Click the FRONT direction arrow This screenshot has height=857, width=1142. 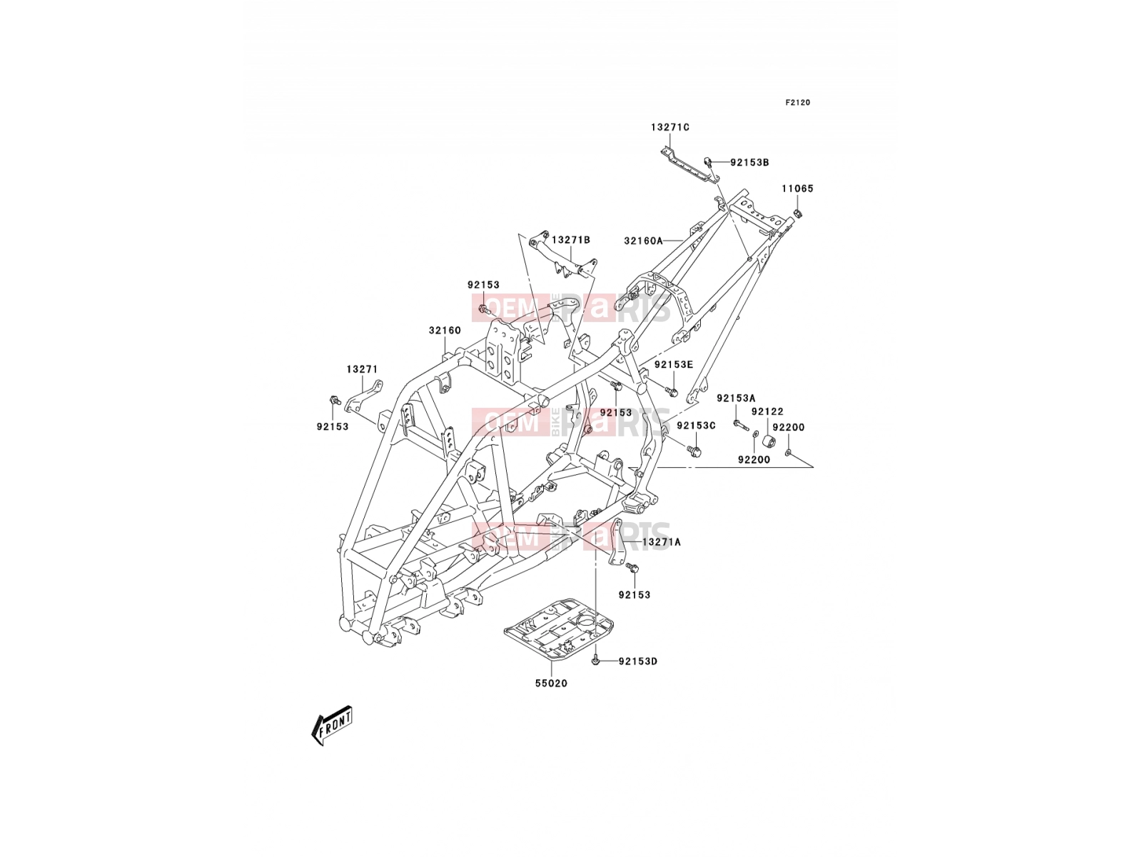click(x=331, y=725)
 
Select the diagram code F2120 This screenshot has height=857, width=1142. click(x=797, y=103)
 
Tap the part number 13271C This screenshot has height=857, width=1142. click(x=669, y=127)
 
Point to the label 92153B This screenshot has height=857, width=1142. click(x=749, y=162)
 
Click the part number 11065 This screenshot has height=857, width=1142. click(x=797, y=189)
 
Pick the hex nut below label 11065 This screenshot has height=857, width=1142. click(x=798, y=212)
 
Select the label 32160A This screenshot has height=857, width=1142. click(x=644, y=241)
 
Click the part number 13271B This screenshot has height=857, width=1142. click(x=571, y=240)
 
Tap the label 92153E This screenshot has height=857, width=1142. click(x=674, y=365)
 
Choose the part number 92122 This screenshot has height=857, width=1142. click(x=767, y=411)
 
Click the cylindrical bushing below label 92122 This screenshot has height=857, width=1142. click(x=769, y=441)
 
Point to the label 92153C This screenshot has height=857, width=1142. click(x=696, y=426)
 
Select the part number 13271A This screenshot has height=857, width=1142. click(x=661, y=542)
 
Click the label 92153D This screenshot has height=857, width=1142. click(x=638, y=661)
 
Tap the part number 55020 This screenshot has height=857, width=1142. click(x=551, y=683)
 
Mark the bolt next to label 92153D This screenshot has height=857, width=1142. click(x=596, y=661)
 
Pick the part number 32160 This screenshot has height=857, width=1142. click(x=445, y=331)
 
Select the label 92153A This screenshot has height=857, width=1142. click(x=736, y=398)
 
